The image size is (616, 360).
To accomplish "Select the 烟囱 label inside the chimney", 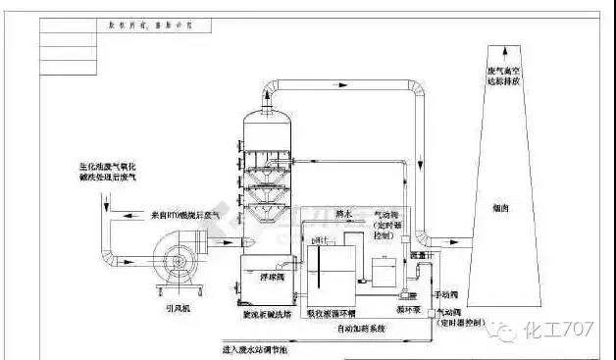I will [498, 208].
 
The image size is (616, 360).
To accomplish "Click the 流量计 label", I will [419, 256].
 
